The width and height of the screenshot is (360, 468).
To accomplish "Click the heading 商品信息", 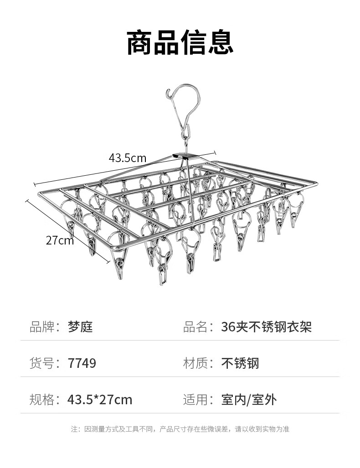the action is coord(180,43).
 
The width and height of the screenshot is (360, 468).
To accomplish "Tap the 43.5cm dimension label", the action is coord(127,158).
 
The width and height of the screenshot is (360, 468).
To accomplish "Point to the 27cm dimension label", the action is coord(59,240).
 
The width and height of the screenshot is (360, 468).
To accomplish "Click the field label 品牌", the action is coord(41,326).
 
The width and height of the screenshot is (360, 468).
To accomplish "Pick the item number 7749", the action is coord(82,363).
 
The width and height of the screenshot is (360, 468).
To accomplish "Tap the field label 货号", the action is coord(41,363).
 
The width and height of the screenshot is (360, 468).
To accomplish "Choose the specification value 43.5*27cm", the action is coord(99,400).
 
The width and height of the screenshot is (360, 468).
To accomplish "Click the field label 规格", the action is coord(41,400).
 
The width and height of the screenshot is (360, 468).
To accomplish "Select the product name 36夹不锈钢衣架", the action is coord(266,326).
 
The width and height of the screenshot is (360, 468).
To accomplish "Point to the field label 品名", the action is coord(195,326).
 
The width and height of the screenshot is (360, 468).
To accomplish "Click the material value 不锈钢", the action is coord(240,363).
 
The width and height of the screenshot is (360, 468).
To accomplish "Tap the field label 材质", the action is coord(195,363).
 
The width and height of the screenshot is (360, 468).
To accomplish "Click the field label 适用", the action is coord(195,400).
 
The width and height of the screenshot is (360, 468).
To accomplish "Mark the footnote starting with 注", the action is coord(180,429).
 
